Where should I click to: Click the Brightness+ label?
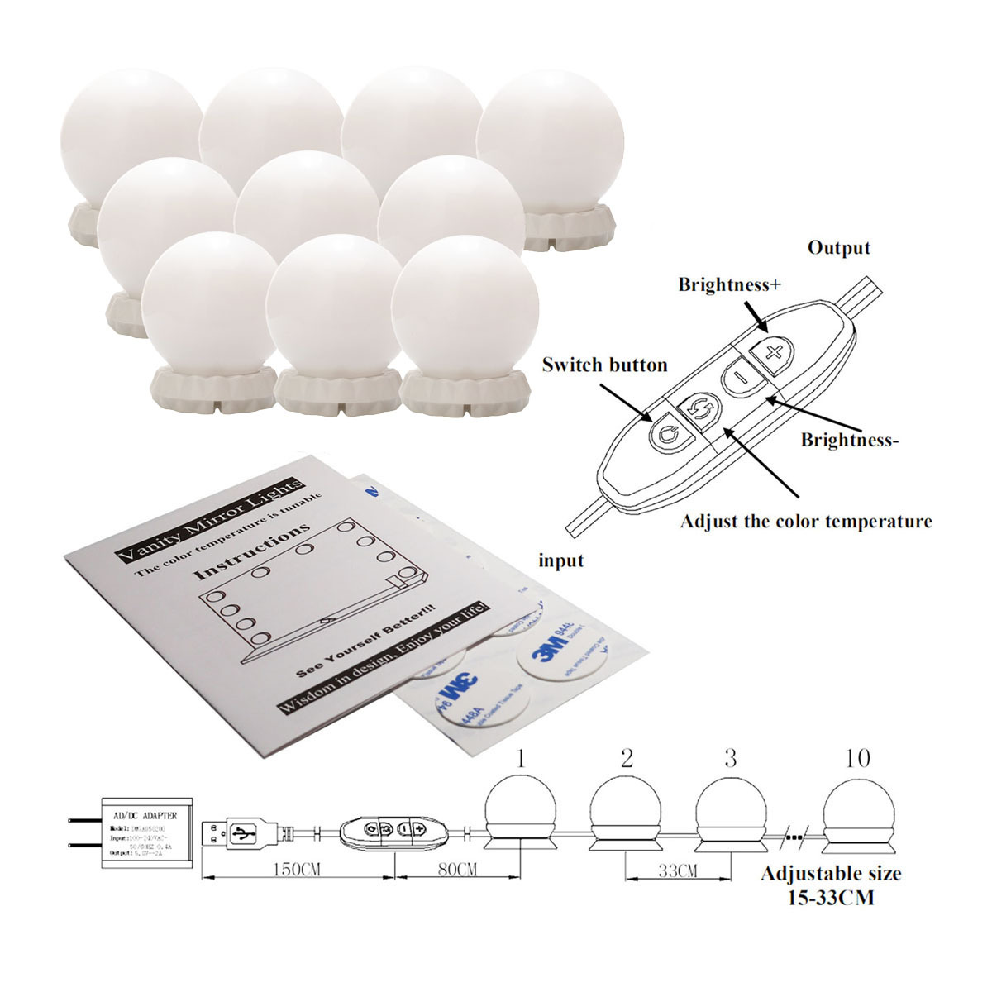tap(729, 285)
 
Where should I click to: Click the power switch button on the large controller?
tap(666, 432)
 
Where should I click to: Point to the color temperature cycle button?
tap(699, 409)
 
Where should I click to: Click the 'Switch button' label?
tap(604, 365)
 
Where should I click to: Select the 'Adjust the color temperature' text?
tap(805, 522)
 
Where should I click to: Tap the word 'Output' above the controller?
tap(838, 247)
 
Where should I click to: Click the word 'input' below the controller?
tap(561, 560)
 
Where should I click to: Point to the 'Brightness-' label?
tap(849, 440)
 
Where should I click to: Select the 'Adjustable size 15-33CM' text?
tap(831, 885)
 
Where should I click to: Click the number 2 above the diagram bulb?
tap(626, 758)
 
